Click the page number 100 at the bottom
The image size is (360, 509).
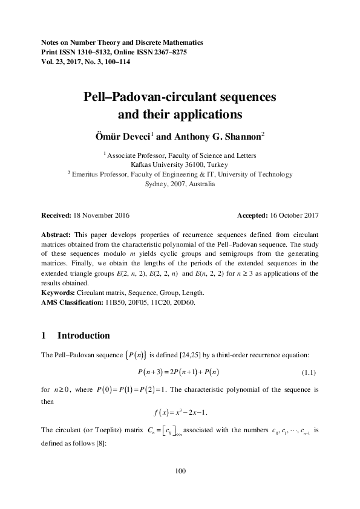[x=180, y=471]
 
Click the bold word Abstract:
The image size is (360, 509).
[x=56, y=233]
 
